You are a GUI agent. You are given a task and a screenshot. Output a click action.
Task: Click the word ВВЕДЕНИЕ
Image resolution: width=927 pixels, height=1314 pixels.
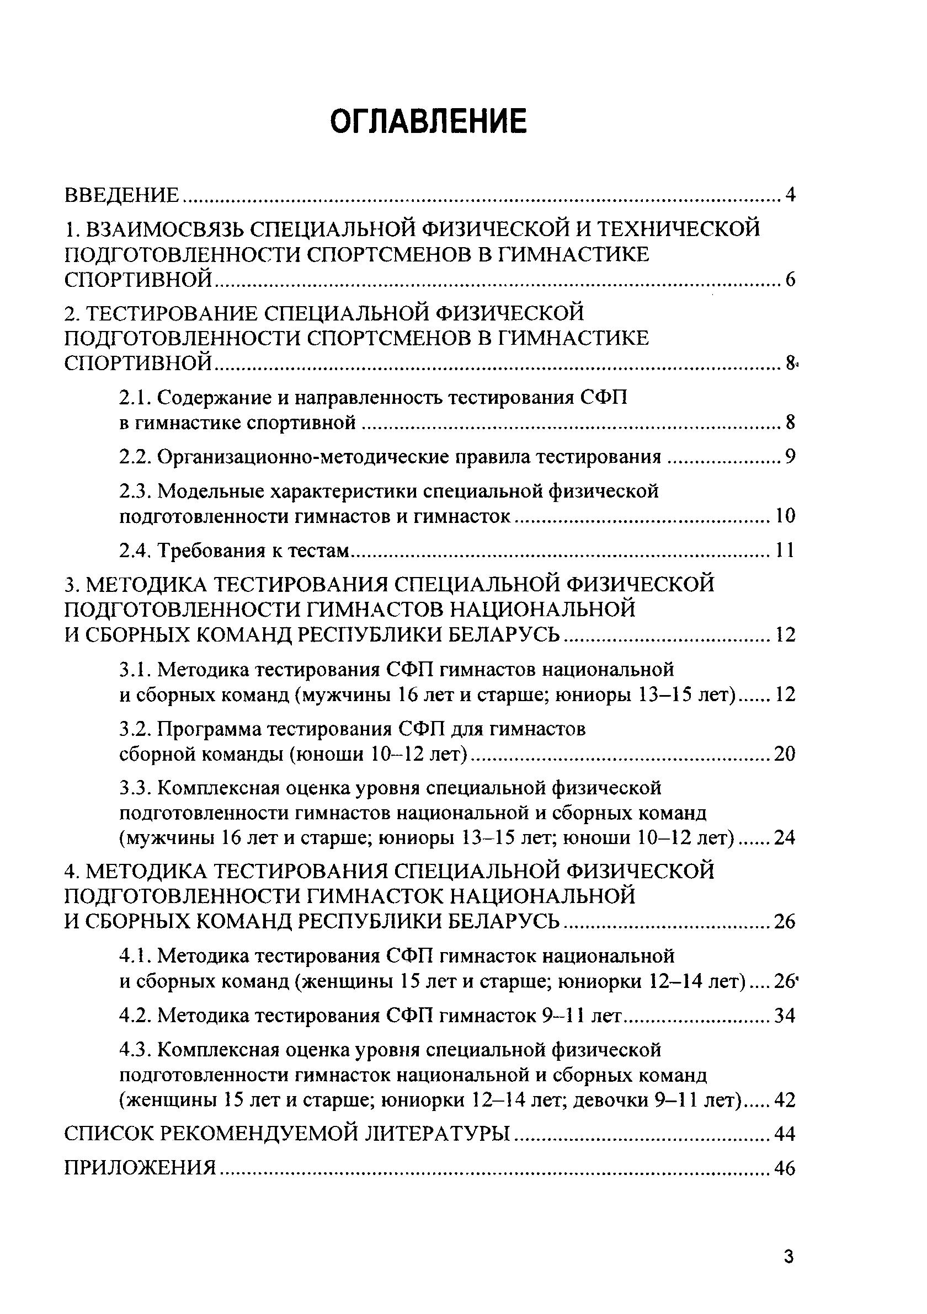tap(122, 195)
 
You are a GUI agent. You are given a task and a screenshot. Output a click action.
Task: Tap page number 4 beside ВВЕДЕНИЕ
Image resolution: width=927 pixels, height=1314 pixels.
tap(791, 195)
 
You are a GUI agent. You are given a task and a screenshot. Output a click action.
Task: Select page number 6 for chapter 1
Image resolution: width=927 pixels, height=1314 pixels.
tap(791, 280)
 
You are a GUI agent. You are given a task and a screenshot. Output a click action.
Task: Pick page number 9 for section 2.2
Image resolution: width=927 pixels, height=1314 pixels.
tap(791, 457)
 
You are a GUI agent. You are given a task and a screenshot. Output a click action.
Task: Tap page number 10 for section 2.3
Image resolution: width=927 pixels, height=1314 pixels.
tap(785, 516)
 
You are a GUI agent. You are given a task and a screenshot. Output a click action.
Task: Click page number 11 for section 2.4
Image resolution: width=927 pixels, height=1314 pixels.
tap(785, 551)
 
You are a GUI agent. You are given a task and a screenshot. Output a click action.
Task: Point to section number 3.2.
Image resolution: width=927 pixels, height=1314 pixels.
tap(135, 729)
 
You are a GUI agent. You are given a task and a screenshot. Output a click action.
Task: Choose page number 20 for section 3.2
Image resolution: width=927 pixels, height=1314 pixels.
tap(785, 754)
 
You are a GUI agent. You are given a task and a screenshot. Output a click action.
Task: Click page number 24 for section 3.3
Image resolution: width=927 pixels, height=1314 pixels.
tap(785, 838)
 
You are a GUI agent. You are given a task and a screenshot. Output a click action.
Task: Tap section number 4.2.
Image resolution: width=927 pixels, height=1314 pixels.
tap(135, 1015)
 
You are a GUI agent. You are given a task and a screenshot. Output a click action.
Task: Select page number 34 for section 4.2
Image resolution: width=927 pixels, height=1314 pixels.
tap(785, 1015)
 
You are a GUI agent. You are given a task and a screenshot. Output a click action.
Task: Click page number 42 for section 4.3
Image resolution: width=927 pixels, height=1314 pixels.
tap(785, 1100)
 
